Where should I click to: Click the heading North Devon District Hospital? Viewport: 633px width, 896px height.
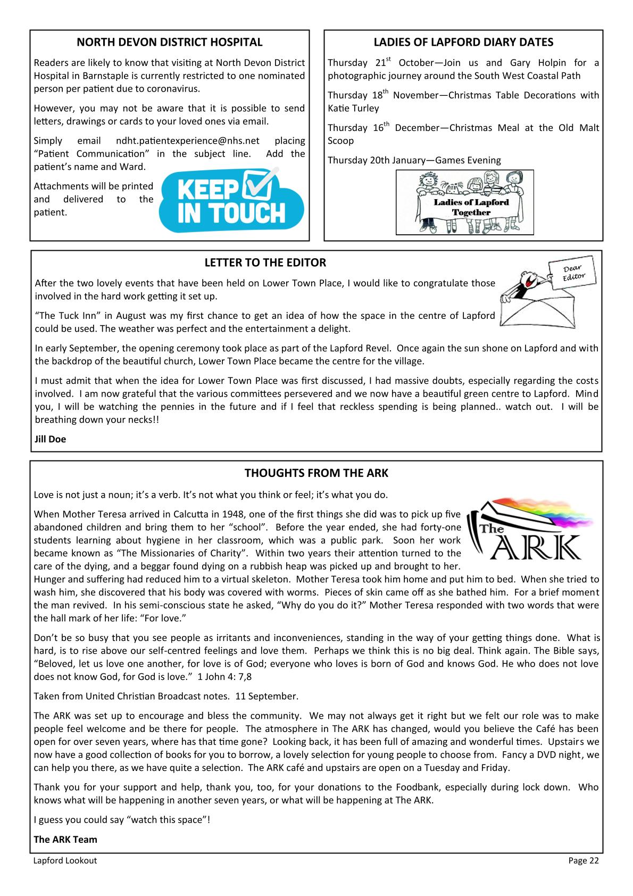170,43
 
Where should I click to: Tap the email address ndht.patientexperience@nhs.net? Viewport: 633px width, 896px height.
187,141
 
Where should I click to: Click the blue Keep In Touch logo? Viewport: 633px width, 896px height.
231,200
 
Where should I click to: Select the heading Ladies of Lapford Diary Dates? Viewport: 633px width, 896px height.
463,43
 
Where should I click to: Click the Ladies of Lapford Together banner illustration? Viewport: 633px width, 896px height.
464,202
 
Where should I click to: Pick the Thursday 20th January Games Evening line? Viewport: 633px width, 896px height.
414,160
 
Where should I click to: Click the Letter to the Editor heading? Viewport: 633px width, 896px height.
265,263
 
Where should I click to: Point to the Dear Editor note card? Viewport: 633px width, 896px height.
573,273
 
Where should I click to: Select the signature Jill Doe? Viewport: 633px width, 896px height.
50,439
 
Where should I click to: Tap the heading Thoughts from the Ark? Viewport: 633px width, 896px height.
316,473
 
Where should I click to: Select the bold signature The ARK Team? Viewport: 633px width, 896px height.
65,840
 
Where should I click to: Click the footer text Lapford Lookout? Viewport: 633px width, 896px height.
65,861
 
